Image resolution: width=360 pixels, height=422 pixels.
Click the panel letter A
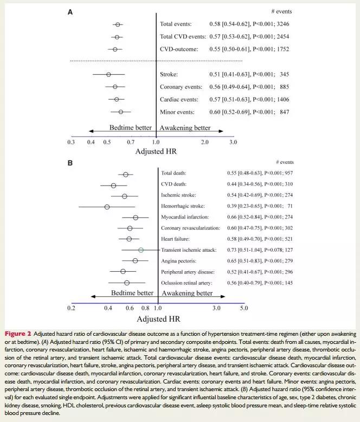pos(70,12)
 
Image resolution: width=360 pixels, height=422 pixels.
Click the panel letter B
pos(70,162)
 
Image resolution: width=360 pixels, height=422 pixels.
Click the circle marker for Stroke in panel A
pos(108,74)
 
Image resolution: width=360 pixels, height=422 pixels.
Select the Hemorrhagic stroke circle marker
pos(107,207)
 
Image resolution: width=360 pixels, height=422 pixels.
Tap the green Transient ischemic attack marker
pos(140,250)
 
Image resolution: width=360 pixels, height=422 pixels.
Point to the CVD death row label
pos(173,184)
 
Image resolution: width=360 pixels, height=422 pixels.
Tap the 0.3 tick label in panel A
pos(70,142)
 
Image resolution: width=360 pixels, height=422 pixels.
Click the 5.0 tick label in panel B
pos(243,308)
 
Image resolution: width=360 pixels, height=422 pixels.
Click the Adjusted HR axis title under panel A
pos(157,152)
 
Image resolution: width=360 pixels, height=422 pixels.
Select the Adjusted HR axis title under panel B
pos(158,319)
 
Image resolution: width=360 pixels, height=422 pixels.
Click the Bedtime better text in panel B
pos(132,293)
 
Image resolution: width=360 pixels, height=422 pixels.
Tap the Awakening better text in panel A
pos(185,128)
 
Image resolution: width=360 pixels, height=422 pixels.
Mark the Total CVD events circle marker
pos(117,37)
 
